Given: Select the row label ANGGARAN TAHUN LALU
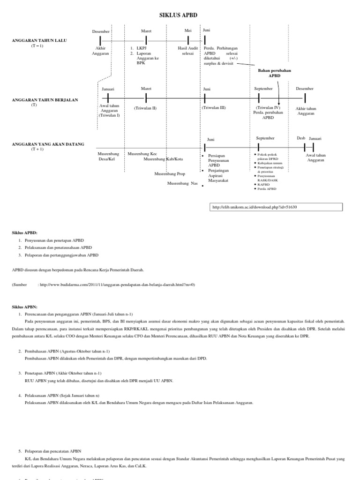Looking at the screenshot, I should pos(39,41).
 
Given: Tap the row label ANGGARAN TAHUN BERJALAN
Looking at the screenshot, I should pos(45,100).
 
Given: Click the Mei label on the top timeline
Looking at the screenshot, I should pos(188,31).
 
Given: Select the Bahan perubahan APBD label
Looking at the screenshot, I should pos(274,73).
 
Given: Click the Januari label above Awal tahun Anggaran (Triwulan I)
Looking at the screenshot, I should pos(108,89).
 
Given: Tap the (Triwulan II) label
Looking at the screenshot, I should pos(145,108).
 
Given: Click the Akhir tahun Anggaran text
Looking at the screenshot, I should pos(306,111).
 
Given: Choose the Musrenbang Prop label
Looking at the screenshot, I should pos(170,173).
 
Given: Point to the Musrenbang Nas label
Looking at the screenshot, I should pos(182,183).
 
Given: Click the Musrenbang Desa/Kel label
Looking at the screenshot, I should pos(108,156).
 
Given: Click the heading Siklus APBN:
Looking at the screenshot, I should pos(24,307).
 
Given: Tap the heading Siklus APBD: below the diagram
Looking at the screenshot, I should pos(24,232).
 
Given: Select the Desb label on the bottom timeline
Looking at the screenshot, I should pos(301,138).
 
